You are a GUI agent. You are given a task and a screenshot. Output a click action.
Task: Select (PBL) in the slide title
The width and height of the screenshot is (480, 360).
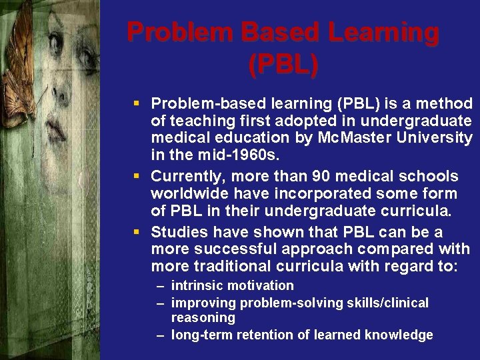[283, 64]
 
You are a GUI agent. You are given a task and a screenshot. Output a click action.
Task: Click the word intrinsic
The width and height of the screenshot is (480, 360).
[196, 285]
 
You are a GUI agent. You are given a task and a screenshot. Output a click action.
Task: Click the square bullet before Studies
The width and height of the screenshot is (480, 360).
[136, 232]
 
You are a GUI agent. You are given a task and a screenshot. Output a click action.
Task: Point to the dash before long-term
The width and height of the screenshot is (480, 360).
[161, 335]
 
